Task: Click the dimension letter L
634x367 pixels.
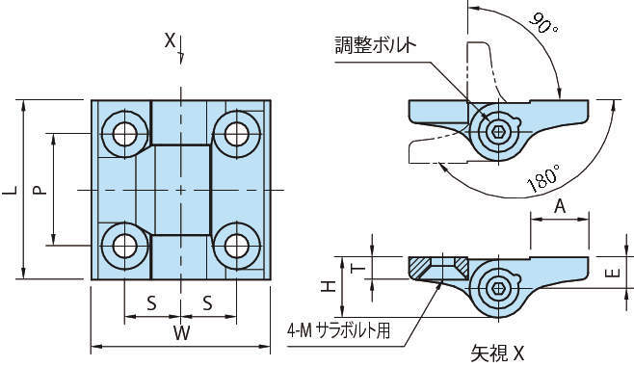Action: coord(10,190)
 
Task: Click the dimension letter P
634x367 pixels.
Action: coord(40,190)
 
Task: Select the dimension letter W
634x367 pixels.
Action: coord(181,333)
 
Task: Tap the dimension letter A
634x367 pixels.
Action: coord(560,206)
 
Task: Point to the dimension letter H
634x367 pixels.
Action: coord(329,286)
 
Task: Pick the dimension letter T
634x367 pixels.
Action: coord(358,269)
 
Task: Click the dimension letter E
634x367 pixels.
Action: coord(613,274)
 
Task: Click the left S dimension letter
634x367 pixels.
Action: coord(151,302)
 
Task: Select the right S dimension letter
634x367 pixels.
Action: coord(207,302)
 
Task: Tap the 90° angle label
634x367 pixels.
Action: coord(543,23)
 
